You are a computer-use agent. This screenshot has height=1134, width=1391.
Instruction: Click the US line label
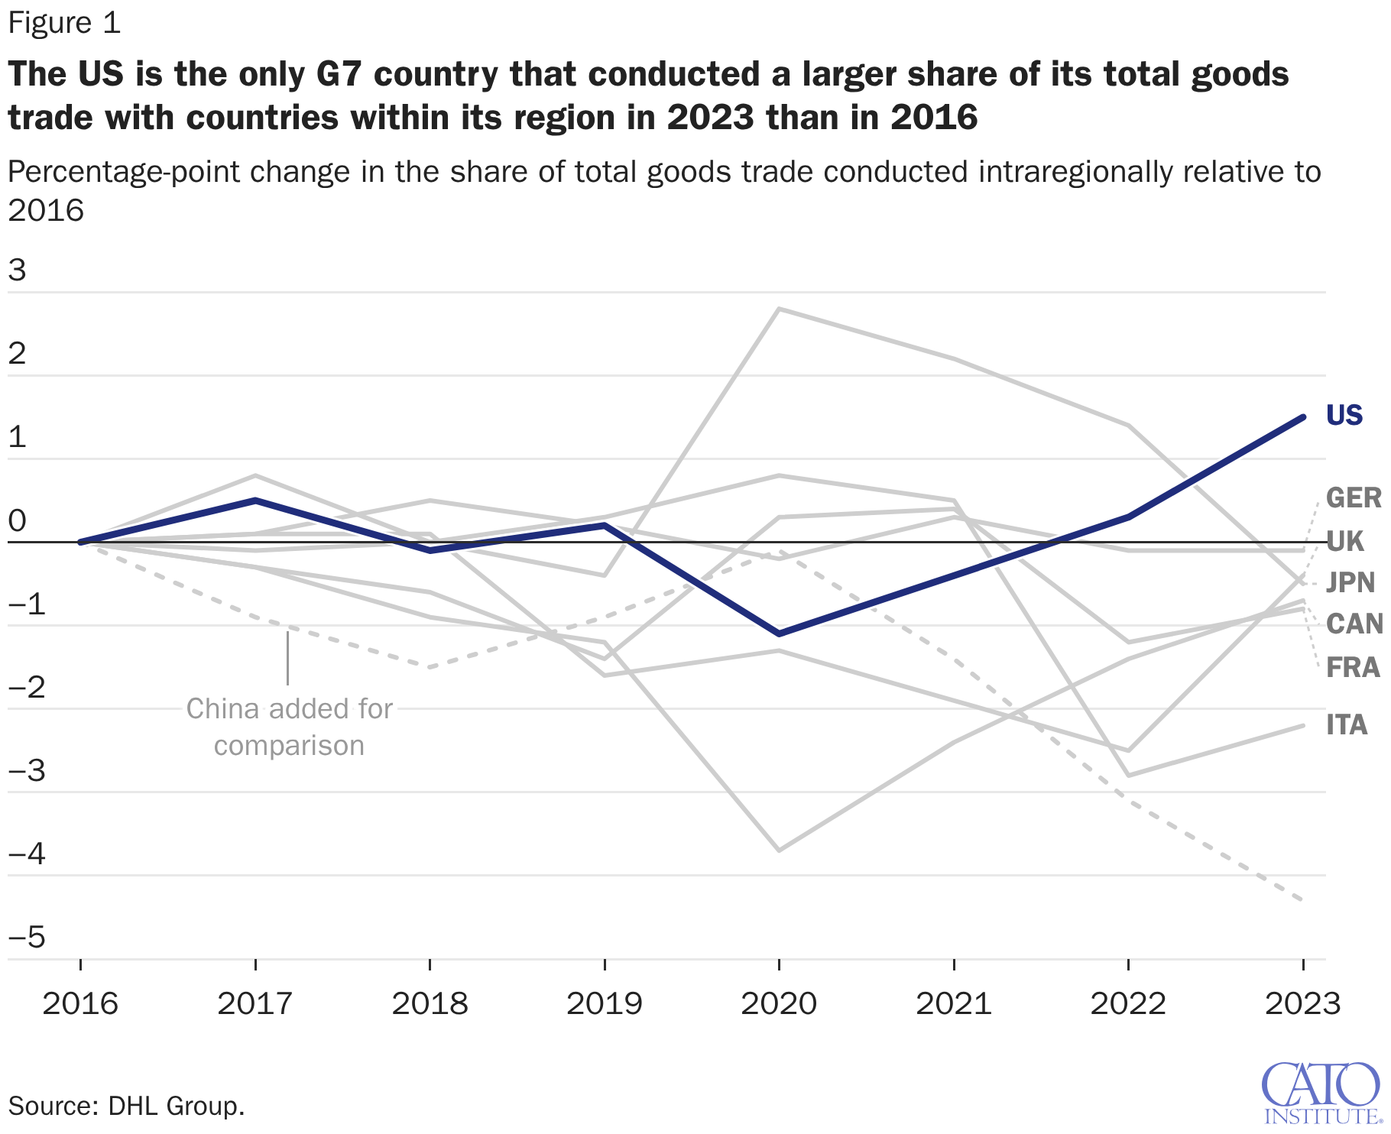[x=1344, y=416]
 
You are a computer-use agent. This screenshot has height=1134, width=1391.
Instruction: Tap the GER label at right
[x=1354, y=498]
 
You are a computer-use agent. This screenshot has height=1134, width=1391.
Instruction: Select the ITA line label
[x=1347, y=725]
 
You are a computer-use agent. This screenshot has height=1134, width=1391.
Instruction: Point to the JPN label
[x=1350, y=583]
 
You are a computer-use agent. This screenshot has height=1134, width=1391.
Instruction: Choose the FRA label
[x=1353, y=668]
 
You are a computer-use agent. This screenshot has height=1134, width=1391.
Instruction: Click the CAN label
[x=1354, y=624]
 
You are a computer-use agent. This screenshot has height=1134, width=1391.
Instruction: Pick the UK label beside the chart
[x=1344, y=542]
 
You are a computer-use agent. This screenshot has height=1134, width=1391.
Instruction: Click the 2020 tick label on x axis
[x=779, y=1003]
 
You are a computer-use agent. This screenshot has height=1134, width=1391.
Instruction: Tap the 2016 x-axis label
[x=80, y=1003]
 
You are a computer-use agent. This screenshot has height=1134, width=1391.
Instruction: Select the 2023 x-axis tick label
[x=1302, y=1003]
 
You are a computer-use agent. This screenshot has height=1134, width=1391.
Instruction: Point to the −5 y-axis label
[x=27, y=937]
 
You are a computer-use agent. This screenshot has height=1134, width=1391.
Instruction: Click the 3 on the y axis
[x=17, y=271]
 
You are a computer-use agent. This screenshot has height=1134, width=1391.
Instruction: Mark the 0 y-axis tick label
[x=17, y=521]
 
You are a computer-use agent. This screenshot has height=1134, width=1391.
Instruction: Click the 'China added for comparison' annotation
[x=289, y=727]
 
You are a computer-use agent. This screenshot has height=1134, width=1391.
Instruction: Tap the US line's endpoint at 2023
[x=1302, y=417]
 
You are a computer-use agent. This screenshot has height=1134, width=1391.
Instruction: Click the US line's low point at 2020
[x=779, y=633]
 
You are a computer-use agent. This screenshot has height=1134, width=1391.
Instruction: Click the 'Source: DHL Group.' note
[x=126, y=1106]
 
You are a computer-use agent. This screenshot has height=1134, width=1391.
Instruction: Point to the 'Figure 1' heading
[x=64, y=23]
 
